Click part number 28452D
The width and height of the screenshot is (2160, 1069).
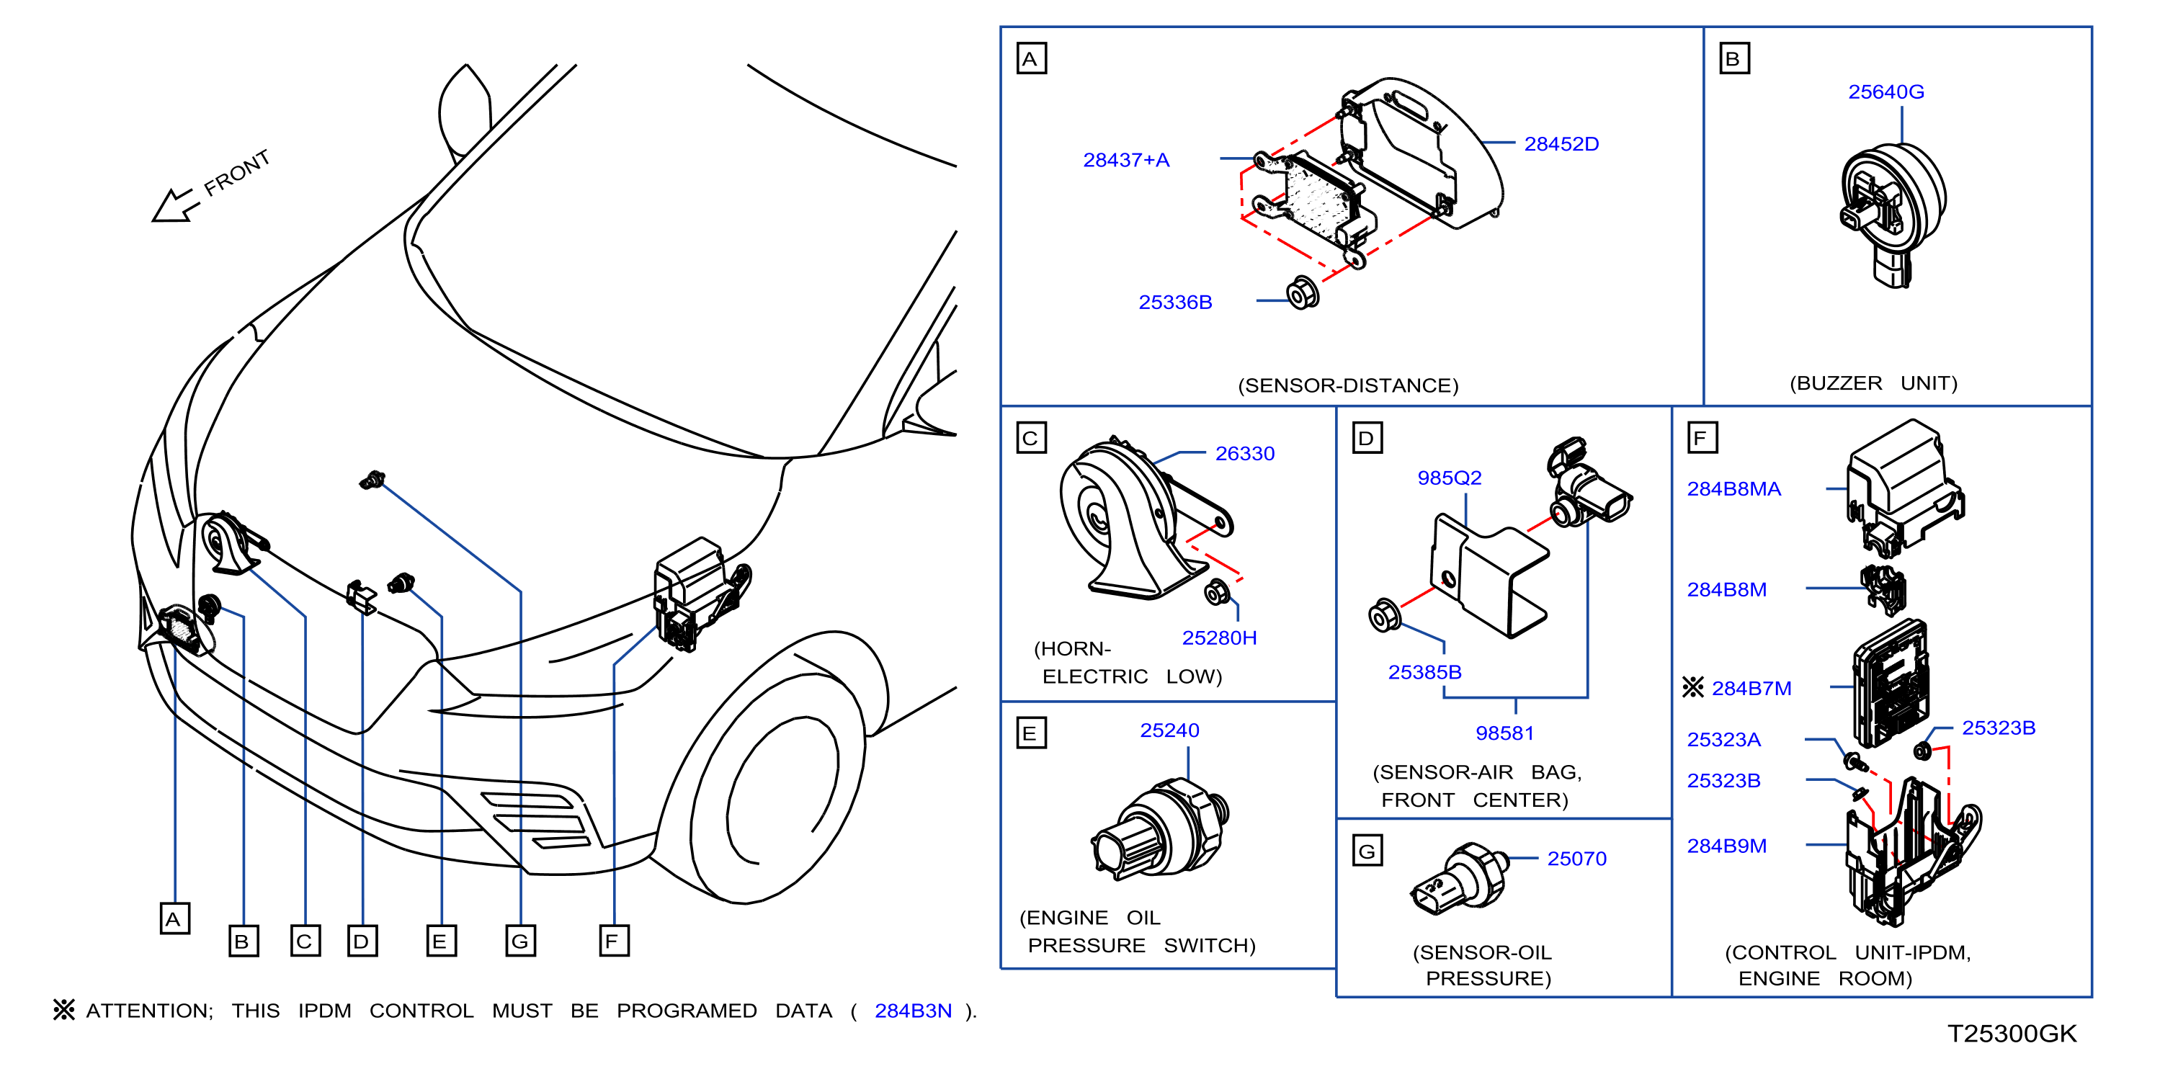point(1561,144)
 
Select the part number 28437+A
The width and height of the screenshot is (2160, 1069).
point(1126,160)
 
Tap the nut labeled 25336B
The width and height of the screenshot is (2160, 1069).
point(1302,292)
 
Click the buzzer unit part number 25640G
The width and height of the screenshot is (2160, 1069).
point(1885,92)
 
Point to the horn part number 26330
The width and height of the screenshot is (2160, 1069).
point(1244,454)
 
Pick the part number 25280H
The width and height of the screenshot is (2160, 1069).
point(1219,638)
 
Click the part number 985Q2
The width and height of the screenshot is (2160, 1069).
point(1449,478)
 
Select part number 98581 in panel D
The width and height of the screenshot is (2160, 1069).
point(1504,733)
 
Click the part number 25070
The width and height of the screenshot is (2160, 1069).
point(1576,859)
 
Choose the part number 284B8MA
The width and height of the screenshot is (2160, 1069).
point(1733,490)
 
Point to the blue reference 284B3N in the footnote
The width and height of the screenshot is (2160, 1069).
point(913,1011)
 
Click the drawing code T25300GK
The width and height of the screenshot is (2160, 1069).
point(2012,1034)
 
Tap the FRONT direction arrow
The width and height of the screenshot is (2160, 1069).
point(175,206)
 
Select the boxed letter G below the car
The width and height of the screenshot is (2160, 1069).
point(520,941)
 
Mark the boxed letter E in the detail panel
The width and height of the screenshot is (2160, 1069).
point(1030,733)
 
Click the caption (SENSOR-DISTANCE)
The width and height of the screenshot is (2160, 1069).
point(1348,385)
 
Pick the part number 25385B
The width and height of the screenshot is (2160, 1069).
point(1424,672)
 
